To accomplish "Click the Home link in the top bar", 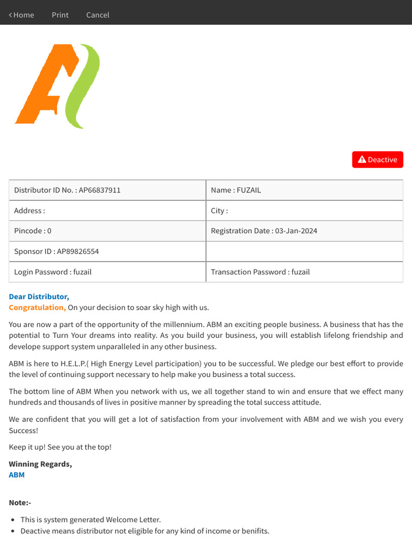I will click(21, 15).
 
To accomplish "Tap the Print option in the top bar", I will click(60, 15).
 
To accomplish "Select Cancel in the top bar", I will click(98, 15).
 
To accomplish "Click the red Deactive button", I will click(378, 160).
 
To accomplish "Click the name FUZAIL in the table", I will click(249, 190).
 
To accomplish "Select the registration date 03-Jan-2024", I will click(296, 231).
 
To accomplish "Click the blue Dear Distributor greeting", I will click(39, 296).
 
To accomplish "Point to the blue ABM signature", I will click(17, 475).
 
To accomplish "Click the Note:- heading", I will click(20, 503).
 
